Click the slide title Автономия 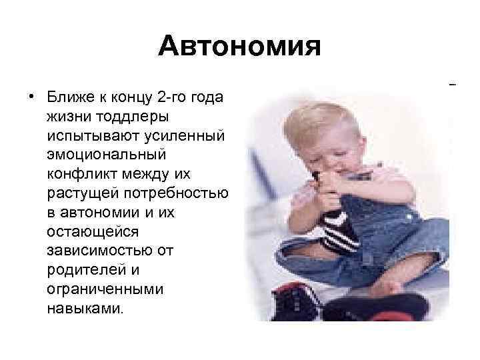point(240,47)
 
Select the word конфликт point(77,173)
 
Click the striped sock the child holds point(340,227)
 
